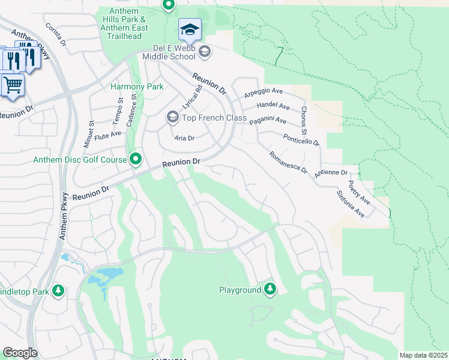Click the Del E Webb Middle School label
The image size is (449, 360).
point(169,52)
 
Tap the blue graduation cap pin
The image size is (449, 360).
point(190,29)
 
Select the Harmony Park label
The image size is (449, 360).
point(137,86)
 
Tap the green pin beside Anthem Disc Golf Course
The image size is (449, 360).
point(136,159)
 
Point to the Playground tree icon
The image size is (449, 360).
point(270,290)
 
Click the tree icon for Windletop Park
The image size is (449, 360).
point(58,291)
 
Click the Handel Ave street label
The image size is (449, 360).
point(273,106)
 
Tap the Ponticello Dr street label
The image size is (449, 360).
point(301,140)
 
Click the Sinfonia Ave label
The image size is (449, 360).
point(351,204)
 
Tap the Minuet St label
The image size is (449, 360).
point(92,130)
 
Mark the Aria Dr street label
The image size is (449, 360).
point(184,138)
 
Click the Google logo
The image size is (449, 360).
point(20,353)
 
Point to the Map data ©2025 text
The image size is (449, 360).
point(423,355)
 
